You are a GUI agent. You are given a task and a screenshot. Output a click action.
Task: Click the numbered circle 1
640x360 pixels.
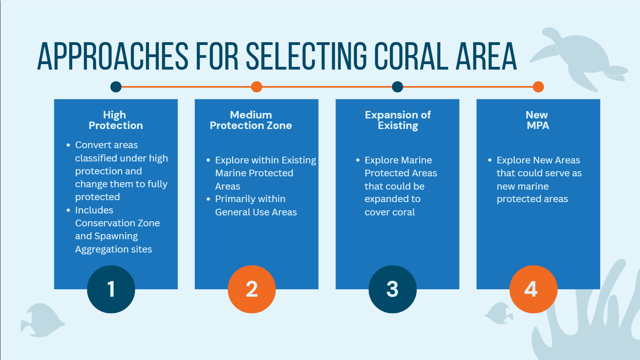click(x=111, y=289)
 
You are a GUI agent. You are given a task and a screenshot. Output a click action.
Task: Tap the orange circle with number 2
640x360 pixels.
click(x=252, y=289)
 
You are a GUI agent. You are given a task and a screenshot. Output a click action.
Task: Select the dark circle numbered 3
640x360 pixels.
click(x=393, y=289)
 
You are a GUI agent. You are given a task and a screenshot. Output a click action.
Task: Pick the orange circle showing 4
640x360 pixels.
click(x=533, y=289)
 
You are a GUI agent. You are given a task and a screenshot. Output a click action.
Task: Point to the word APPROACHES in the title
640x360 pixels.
click(x=113, y=56)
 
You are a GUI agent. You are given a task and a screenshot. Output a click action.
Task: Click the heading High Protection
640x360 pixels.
click(x=115, y=120)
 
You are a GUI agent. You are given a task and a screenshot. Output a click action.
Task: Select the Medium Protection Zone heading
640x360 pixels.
click(x=251, y=120)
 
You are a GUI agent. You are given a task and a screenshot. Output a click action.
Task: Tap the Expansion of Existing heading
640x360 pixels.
click(x=398, y=120)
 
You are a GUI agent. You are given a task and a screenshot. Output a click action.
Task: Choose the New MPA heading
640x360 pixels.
click(x=537, y=120)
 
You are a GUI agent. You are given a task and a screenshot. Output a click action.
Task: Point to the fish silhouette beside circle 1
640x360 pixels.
click(x=43, y=320)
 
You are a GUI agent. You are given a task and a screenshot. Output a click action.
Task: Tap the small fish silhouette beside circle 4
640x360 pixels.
click(x=498, y=313)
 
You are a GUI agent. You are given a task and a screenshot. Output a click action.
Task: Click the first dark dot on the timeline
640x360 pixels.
click(x=116, y=87)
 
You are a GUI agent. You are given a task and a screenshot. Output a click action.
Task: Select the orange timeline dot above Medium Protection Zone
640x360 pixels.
click(x=256, y=87)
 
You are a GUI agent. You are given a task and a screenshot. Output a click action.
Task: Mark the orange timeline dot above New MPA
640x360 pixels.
click(x=538, y=87)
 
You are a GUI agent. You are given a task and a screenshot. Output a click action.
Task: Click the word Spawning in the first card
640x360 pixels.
click(x=116, y=236)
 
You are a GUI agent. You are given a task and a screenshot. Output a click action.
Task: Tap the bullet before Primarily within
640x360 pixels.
click(x=208, y=199)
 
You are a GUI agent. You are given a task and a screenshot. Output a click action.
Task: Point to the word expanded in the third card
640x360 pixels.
click(x=393, y=199)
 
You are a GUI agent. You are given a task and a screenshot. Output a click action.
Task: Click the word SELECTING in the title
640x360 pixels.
click(x=306, y=56)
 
